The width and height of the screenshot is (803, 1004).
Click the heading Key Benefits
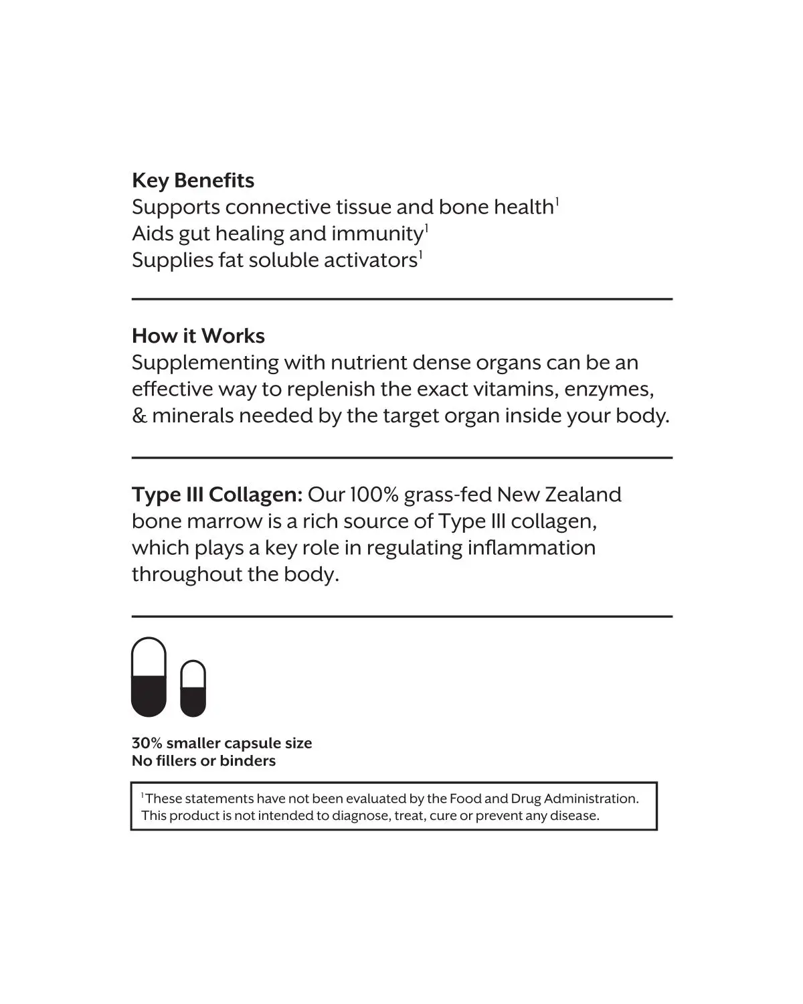(193, 181)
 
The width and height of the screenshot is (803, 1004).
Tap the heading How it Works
(198, 336)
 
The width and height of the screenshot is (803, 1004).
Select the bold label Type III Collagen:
(217, 495)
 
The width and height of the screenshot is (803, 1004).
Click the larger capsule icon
(149, 677)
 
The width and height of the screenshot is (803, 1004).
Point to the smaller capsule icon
(193, 688)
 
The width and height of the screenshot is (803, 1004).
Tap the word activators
(371, 260)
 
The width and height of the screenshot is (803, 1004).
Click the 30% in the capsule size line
(147, 743)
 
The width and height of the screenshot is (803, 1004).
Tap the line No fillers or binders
(203, 760)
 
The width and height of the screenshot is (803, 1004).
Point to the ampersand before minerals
(139, 416)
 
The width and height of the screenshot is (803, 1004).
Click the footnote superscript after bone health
(557, 200)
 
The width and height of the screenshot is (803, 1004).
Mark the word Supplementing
(205, 363)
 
